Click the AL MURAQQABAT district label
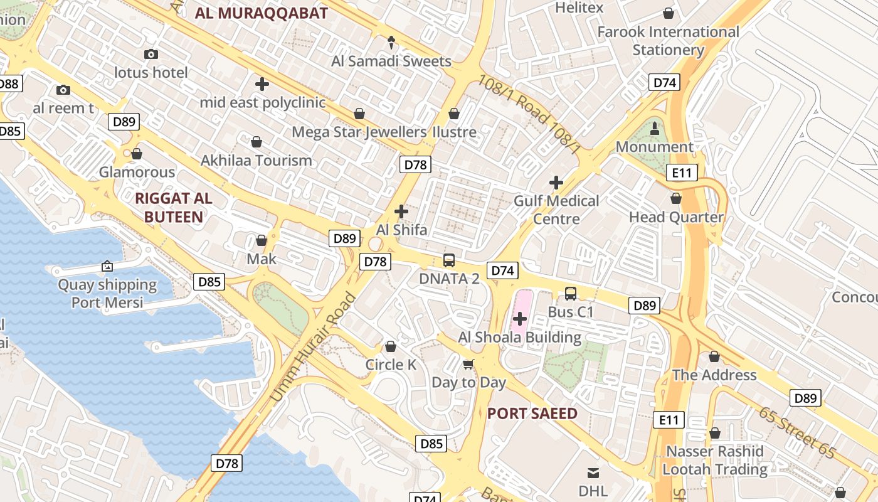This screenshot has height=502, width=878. (x=262, y=13)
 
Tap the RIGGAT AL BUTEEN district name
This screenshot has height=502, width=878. (x=174, y=208)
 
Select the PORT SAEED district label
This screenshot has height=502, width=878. (x=532, y=414)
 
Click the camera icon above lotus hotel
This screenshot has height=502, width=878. (x=151, y=55)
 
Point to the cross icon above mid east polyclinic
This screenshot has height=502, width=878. (x=262, y=83)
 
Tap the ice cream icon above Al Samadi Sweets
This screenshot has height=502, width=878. (x=391, y=43)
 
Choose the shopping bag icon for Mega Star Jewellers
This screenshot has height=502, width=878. (x=359, y=114)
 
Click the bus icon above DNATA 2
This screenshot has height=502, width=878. (x=449, y=260)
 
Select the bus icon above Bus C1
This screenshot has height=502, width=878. (x=570, y=293)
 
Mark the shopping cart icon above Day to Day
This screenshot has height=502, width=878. (x=468, y=364)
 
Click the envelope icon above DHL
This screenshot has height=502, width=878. (x=593, y=473)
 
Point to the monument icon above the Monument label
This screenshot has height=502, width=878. (x=655, y=129)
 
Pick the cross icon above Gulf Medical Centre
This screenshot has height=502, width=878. (x=556, y=183)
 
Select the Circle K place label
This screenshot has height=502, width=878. (x=391, y=365)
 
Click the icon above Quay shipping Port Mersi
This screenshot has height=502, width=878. (x=107, y=267)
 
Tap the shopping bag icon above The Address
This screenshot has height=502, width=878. (x=714, y=357)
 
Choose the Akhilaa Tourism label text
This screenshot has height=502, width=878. (x=256, y=161)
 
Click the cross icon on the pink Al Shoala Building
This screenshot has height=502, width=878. (x=520, y=319)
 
